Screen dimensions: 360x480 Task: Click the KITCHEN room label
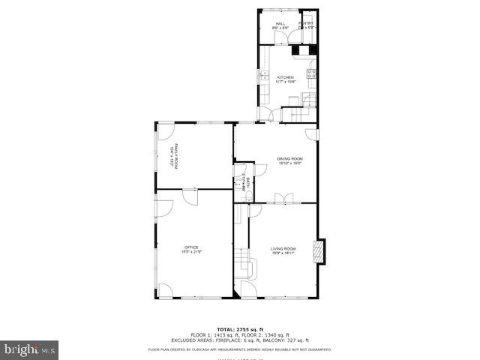[285, 76]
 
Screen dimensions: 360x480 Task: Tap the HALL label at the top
[280, 24]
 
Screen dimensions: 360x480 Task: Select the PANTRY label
[306, 24]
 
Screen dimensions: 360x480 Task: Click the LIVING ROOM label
[283, 248]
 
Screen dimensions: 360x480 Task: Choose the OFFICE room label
[190, 247]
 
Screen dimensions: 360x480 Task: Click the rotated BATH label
[244, 182]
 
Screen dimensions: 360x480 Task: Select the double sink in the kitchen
[264, 75]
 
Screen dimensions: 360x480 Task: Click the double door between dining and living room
[283, 198]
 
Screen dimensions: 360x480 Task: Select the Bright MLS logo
[30, 349]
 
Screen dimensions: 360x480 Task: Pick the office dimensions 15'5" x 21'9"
[190, 252]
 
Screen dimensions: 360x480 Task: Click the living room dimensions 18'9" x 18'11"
[283, 253]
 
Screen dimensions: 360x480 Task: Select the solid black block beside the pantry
[297, 51]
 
